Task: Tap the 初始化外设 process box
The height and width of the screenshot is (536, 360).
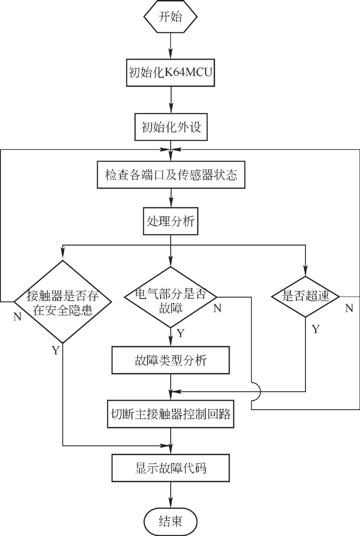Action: click(171, 127)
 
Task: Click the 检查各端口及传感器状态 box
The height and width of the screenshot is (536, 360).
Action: click(171, 175)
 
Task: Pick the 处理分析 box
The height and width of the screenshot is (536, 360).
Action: click(171, 221)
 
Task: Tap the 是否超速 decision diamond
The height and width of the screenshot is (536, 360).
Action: click(305, 296)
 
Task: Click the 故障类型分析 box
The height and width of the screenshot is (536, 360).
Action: click(171, 360)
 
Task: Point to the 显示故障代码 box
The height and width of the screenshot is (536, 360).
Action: click(171, 468)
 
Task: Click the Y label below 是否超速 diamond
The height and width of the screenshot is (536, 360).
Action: click(315, 329)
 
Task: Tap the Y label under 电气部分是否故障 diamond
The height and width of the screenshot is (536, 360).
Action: click(180, 334)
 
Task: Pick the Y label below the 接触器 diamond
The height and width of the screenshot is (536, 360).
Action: click(55, 351)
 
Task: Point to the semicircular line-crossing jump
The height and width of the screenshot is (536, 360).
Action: click(258, 391)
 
